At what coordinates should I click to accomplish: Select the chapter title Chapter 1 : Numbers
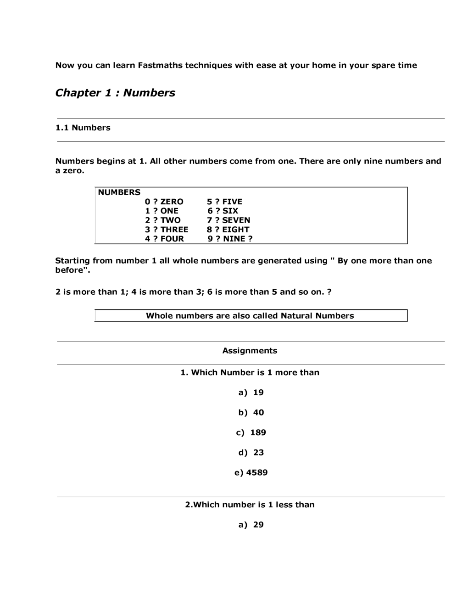[115, 93]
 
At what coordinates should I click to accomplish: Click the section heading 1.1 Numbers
[83, 128]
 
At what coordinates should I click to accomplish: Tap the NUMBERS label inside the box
[119, 192]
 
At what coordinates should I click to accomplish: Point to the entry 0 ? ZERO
[164, 202]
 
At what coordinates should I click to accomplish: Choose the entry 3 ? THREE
[167, 230]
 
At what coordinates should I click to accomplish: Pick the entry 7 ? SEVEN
[228, 220]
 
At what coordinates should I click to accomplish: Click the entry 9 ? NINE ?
[229, 239]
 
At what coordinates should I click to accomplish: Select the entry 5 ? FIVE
[224, 202]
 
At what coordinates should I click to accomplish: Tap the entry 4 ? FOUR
[164, 239]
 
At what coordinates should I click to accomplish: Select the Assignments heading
[250, 351]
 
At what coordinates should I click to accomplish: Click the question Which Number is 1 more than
[250, 372]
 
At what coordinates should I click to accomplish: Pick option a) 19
[251, 393]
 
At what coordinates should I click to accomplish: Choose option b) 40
[251, 413]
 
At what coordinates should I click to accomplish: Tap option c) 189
[251, 432]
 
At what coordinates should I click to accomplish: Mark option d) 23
[251, 453]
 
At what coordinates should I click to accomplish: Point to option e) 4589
[251, 472]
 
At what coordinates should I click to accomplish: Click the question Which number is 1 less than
[250, 505]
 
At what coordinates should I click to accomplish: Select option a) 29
[251, 525]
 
